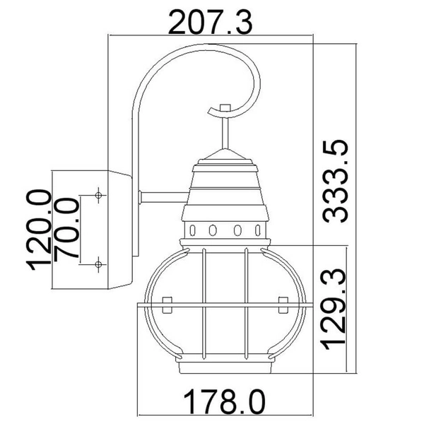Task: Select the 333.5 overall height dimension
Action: pyautogui.click(x=338, y=181)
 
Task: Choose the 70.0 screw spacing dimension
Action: pyautogui.click(x=67, y=229)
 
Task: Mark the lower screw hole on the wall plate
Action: pyautogui.click(x=98, y=264)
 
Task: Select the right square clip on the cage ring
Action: pyautogui.click(x=283, y=305)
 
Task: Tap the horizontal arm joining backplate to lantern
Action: pyautogui.click(x=161, y=196)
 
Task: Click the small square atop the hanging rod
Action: pyautogui.click(x=225, y=107)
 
